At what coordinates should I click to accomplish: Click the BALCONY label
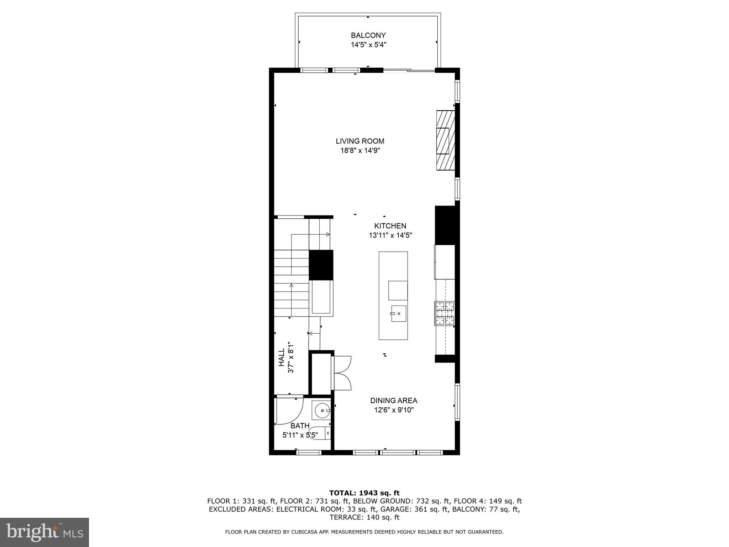pyautogui.click(x=368, y=35)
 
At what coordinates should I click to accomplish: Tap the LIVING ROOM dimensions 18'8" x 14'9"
pyautogui.click(x=360, y=151)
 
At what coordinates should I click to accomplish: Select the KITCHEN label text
pyautogui.click(x=390, y=226)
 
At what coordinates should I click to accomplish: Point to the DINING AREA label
pyautogui.click(x=393, y=401)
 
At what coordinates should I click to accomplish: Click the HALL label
pyautogui.click(x=282, y=357)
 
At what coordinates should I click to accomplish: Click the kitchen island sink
pyautogui.click(x=398, y=313)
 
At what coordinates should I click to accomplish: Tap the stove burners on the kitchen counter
pyautogui.click(x=444, y=313)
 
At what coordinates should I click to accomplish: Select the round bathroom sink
pyautogui.click(x=322, y=411)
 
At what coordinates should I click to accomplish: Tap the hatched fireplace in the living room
pyautogui.click(x=446, y=140)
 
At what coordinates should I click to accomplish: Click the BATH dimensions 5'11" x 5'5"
pyautogui.click(x=300, y=435)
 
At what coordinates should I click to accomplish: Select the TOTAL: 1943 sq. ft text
pyautogui.click(x=364, y=493)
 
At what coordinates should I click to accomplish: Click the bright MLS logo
pyautogui.click(x=44, y=532)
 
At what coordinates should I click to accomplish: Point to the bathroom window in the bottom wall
pyautogui.click(x=309, y=452)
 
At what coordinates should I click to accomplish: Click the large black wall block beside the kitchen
pyautogui.click(x=445, y=225)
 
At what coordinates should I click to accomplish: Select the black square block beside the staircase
pyautogui.click(x=321, y=265)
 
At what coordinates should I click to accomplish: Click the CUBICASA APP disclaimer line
pyautogui.click(x=364, y=532)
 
